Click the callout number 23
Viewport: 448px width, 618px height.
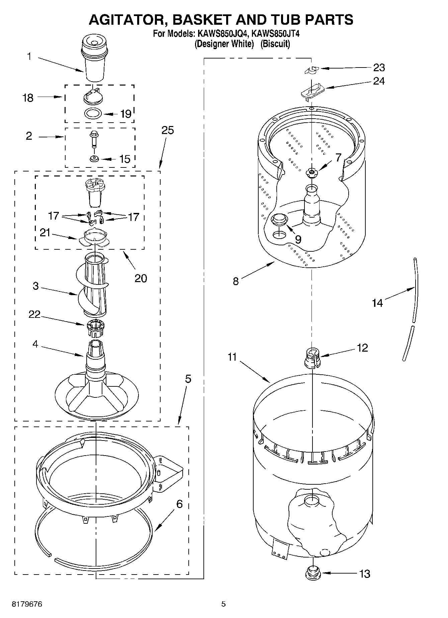[379, 68]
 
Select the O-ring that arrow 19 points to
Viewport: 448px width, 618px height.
[93, 113]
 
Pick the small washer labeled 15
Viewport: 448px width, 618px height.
[94, 158]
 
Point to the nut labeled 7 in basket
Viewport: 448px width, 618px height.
[311, 172]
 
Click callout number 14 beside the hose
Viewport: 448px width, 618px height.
[377, 302]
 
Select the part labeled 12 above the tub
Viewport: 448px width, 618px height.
[312, 357]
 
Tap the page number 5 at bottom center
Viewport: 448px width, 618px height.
[223, 604]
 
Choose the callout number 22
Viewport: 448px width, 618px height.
[34, 314]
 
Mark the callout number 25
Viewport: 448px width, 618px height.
[168, 130]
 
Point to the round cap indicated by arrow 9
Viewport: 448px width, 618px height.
[279, 219]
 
